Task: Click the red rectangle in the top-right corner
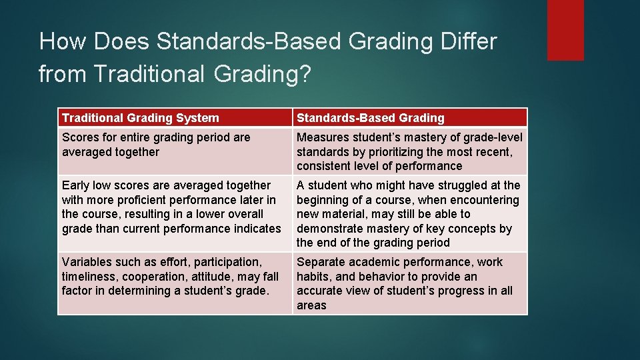point(565,30)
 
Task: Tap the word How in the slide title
point(63,42)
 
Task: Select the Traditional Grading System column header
point(140,118)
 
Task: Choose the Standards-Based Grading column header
point(370,118)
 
